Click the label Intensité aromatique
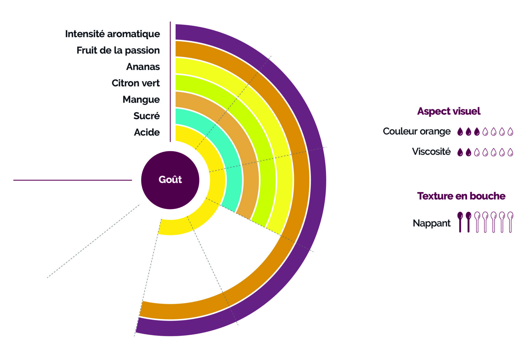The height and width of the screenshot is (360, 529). click(112, 34)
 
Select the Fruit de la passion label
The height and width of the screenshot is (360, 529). click(118, 50)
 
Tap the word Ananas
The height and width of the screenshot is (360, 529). click(143, 67)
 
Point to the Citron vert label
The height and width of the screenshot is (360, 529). click(136, 83)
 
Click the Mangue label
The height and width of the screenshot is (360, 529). click(141, 100)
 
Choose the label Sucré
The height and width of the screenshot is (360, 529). click(147, 116)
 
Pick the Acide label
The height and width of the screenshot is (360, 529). click(147, 132)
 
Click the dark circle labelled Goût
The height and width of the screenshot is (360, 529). click(170, 180)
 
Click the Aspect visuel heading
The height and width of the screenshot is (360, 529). click(449, 111)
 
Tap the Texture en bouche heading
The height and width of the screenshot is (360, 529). click(461, 196)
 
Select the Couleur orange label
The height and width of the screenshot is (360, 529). click(417, 131)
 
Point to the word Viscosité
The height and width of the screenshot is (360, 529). click(431, 152)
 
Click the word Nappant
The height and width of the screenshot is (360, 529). click(431, 223)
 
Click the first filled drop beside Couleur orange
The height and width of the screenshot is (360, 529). click(460, 132)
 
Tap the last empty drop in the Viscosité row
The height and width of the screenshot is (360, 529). click(510, 152)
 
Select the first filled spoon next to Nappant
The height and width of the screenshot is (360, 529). click(460, 222)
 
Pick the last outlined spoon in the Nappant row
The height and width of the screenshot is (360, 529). click(510, 222)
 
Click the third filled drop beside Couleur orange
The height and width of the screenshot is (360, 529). click(477, 132)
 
